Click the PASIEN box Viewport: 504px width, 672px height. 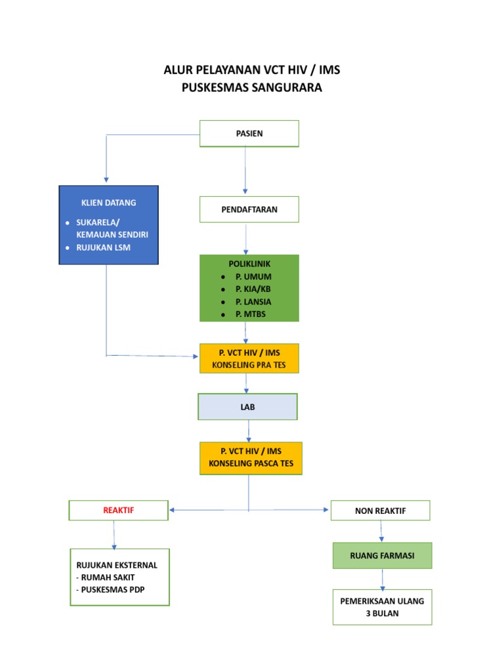point(249,133)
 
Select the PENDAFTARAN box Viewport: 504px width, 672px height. point(249,209)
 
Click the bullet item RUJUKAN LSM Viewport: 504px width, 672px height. point(104,247)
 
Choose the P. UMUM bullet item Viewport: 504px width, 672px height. point(253,276)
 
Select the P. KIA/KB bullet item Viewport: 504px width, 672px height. point(253,289)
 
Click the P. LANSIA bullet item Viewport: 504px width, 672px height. point(253,302)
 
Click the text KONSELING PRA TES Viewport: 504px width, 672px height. point(249,365)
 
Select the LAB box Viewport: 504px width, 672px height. point(247,407)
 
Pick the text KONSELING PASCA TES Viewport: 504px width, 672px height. point(251,464)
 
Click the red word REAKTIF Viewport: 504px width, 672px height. point(119,510)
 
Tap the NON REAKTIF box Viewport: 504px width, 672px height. point(380,511)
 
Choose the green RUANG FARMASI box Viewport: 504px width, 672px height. point(382,555)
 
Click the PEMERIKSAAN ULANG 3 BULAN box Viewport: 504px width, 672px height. point(382,607)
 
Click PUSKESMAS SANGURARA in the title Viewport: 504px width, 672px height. point(252,87)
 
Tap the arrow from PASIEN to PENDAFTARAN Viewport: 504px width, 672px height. point(246,171)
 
